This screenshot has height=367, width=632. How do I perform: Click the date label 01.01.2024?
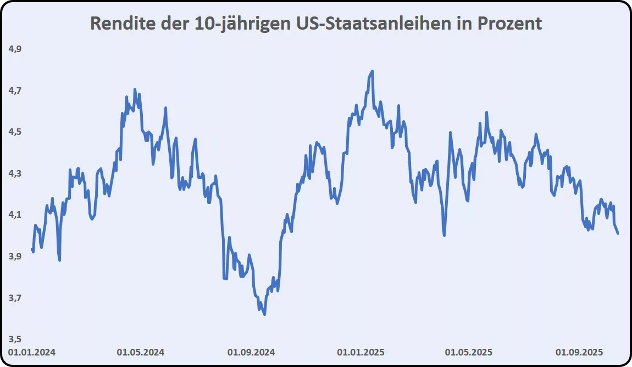(x=32, y=352)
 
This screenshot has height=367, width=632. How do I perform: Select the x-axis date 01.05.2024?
(x=141, y=352)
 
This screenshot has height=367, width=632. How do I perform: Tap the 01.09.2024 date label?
(x=251, y=352)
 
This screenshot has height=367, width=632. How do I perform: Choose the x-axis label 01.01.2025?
(x=361, y=352)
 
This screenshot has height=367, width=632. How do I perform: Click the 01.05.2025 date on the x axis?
(x=469, y=352)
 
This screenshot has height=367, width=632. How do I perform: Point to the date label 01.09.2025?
(x=579, y=352)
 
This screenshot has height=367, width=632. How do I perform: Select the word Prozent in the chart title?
(x=506, y=24)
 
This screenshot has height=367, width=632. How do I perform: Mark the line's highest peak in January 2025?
(x=372, y=71)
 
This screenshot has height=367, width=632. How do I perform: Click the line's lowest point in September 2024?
(x=265, y=314)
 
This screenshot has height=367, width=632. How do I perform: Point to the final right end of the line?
(x=618, y=234)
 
